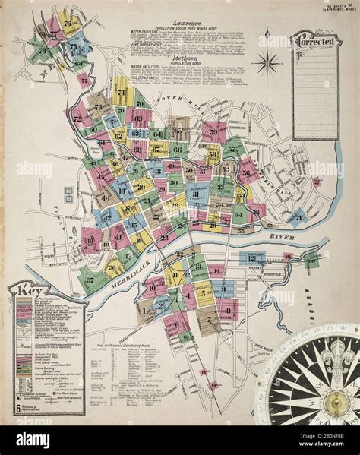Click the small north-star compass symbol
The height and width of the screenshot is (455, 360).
point(267,62)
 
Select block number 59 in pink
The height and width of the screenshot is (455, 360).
point(213,133)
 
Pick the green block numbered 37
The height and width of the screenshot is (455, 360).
point(90,279)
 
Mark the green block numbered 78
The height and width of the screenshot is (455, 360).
point(43,51)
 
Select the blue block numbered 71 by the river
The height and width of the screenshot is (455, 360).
point(297,219)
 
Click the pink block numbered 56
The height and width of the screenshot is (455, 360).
point(245,173)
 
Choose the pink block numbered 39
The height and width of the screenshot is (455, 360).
point(90,242)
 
